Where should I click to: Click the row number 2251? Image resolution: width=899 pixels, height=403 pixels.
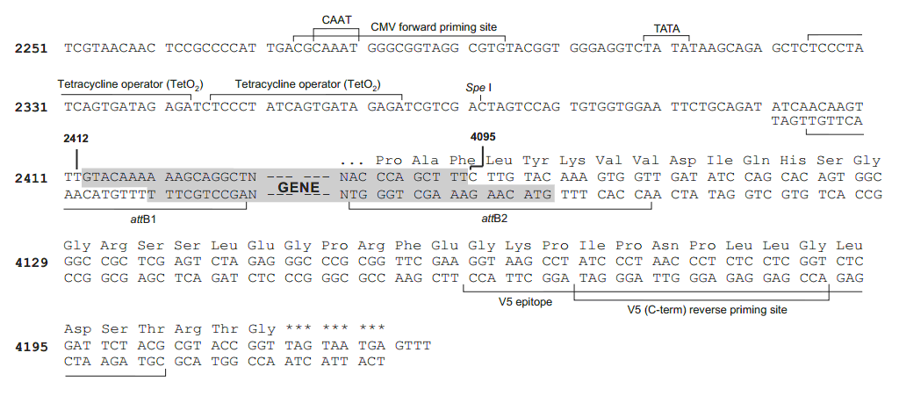32,47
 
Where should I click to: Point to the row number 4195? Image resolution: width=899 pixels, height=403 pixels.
32,346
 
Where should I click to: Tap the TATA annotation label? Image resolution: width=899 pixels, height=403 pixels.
668,28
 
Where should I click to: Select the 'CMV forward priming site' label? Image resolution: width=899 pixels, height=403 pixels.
434,28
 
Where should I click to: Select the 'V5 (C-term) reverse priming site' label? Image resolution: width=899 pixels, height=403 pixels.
707,310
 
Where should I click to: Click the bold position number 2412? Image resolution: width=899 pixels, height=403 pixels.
76,139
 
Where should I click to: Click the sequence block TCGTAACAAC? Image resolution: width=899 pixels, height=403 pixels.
98,47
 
